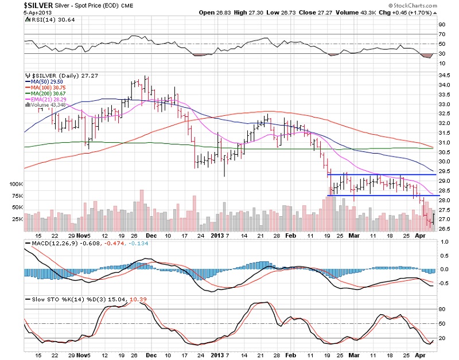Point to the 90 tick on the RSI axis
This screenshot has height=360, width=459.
click(x=441, y=25)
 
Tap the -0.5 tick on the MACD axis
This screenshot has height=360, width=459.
click(x=444, y=283)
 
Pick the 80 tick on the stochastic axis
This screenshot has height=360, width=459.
click(x=441, y=309)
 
